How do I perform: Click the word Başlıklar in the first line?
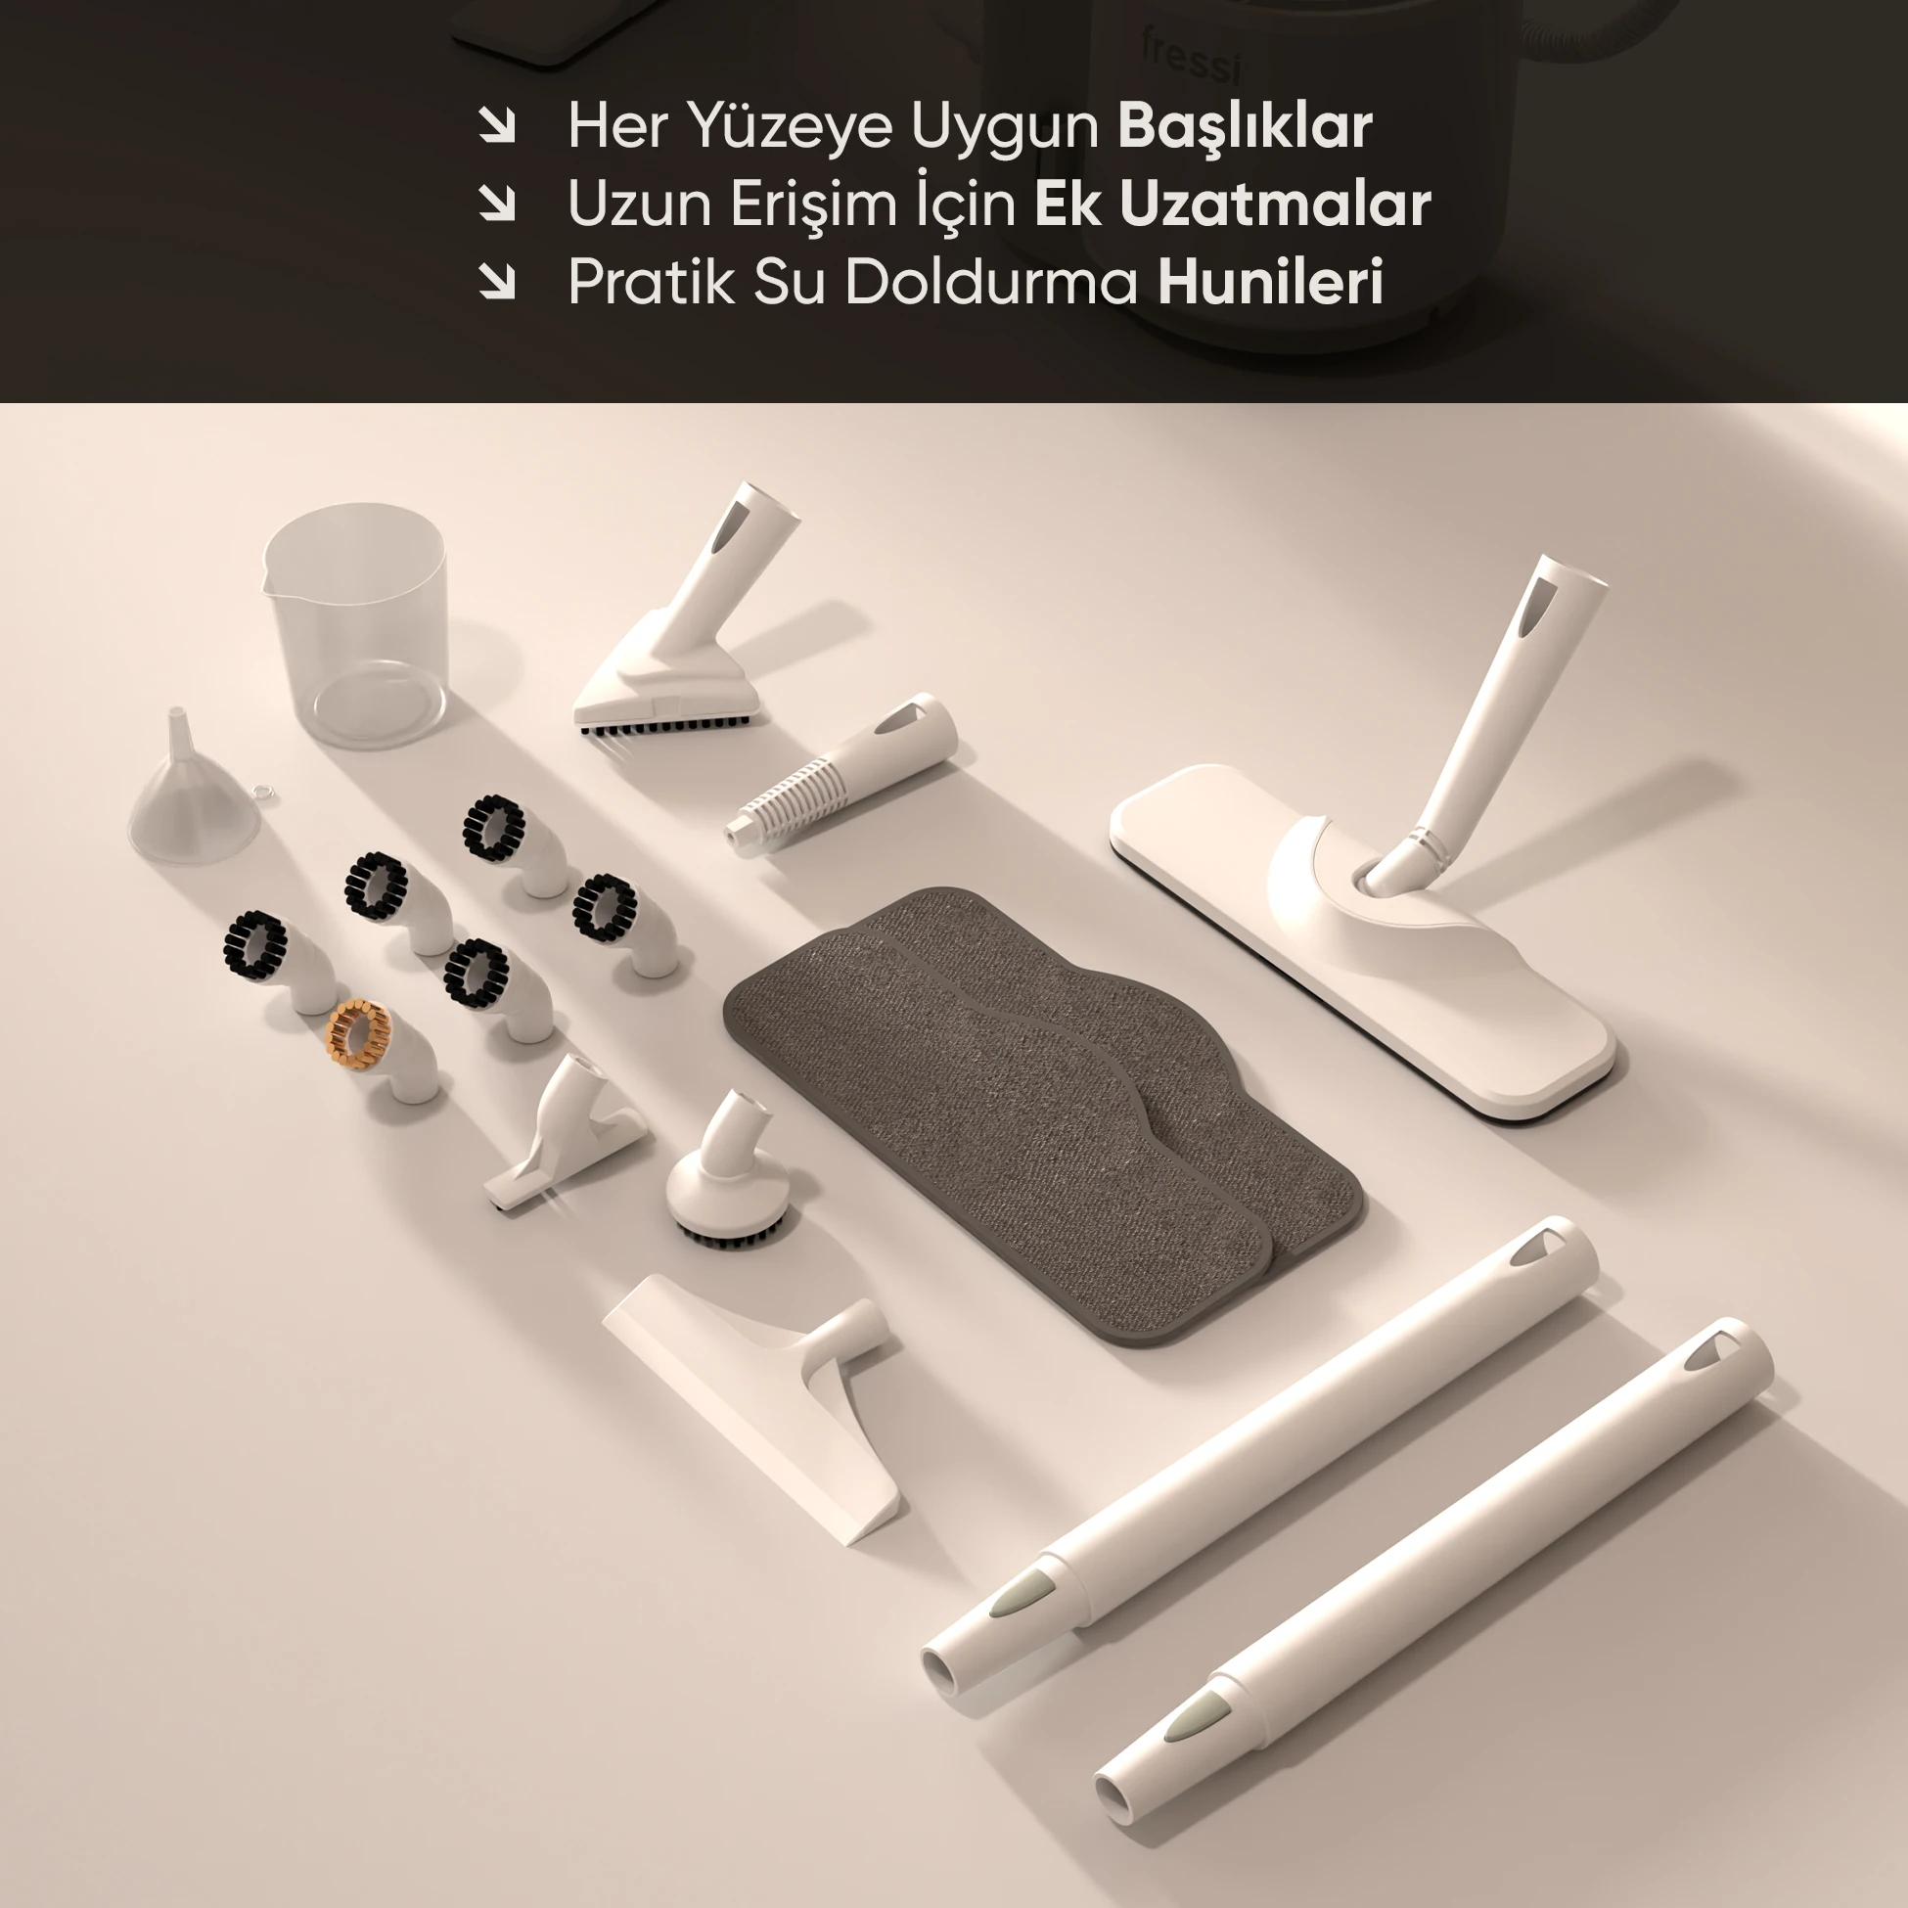point(1245,126)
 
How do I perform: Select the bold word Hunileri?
point(1269,283)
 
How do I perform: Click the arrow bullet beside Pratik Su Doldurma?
point(497,282)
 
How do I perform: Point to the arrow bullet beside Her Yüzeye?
point(497,125)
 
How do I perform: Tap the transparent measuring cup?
point(355,624)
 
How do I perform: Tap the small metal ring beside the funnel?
point(262,792)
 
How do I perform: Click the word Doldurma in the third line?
point(991,283)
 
